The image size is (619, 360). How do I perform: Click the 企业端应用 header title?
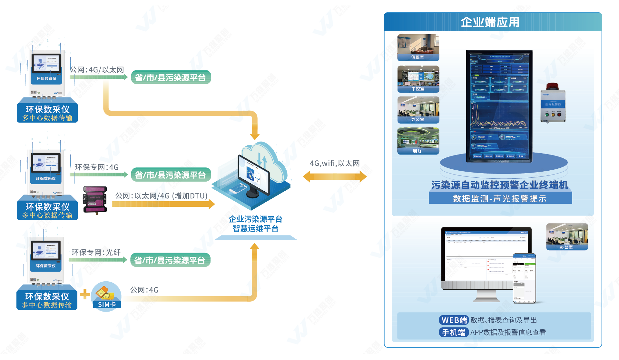490,22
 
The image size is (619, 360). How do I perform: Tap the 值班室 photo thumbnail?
418,47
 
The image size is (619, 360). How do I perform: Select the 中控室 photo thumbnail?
418,79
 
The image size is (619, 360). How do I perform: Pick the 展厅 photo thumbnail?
418,141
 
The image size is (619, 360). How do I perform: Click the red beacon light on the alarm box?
552,86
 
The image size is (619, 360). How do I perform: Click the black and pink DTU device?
95,199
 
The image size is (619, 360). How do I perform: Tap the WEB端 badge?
454,320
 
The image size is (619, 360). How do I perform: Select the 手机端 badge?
454,332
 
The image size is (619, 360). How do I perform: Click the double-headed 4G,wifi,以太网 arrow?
335,176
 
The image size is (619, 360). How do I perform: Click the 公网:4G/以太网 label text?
97,70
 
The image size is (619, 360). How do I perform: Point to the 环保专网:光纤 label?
96,252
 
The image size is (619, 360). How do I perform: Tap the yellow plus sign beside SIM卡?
85,294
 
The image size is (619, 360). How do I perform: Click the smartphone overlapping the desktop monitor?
524,278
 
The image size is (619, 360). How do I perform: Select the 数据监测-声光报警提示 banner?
500,198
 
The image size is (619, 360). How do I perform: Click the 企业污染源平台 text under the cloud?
255,219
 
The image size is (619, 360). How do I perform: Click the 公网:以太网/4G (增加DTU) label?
161,196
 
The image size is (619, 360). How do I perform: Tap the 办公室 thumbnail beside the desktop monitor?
567,237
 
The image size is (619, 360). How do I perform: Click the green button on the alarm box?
546,114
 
